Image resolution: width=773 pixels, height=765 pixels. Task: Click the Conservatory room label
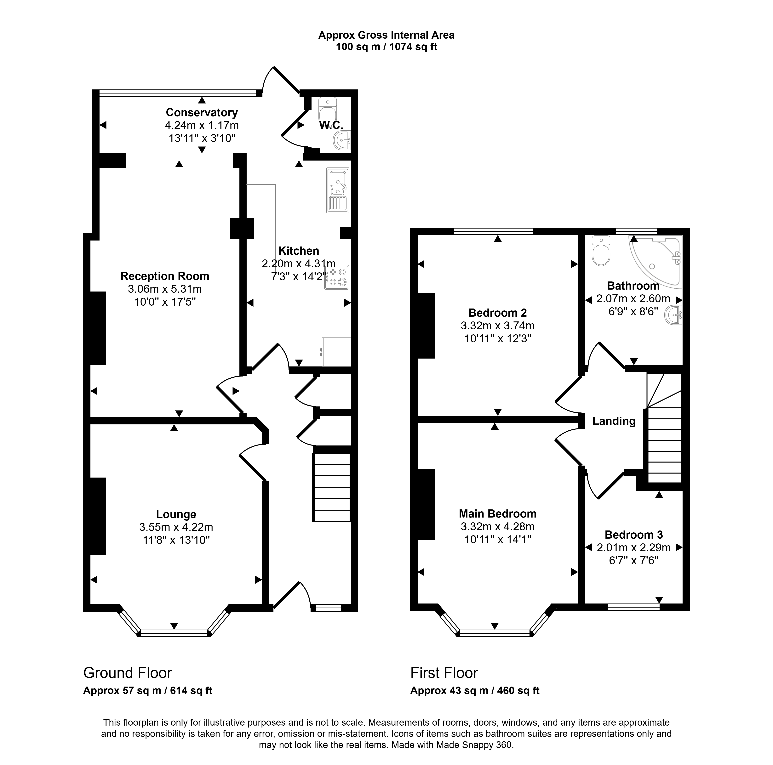click(202, 112)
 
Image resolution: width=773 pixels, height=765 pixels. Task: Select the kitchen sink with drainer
click(338, 190)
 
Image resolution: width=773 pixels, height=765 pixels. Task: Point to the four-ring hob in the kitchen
click(337, 277)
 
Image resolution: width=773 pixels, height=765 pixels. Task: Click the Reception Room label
click(165, 276)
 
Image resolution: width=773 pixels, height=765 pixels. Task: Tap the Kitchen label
click(299, 251)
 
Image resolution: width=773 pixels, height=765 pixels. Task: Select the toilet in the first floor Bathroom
click(601, 251)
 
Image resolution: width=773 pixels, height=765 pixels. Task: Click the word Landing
click(614, 421)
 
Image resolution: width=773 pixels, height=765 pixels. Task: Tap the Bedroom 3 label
click(634, 535)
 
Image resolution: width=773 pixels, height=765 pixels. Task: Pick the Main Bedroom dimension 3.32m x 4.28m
click(498, 527)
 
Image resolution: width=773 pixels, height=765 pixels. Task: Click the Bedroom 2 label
click(498, 312)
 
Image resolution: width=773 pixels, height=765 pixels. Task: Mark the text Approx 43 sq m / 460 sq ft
click(475, 691)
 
